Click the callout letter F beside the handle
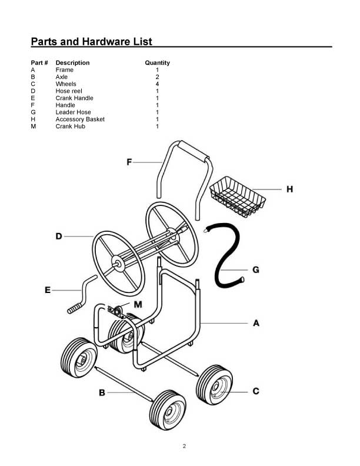pos(129,162)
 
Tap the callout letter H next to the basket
pos(289,189)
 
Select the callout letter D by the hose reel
pos(59,237)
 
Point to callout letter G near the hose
pos(256,270)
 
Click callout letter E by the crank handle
pos(48,289)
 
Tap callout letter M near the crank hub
pos(138,304)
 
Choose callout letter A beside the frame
pos(256,323)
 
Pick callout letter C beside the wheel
pos(256,391)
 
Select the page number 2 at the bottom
pos(184,445)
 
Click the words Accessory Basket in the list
pos(80,119)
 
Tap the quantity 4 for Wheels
pos(157,84)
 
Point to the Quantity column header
pos(157,62)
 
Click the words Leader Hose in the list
pos(73,112)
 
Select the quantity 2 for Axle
pos(157,77)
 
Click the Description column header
pos(72,62)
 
